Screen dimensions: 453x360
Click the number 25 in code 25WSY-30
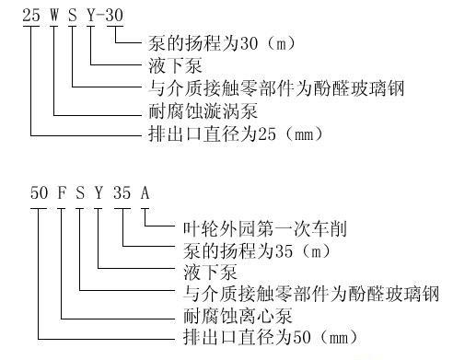[31, 15]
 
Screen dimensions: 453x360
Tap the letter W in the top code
[54, 15]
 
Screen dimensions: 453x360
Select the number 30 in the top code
[114, 15]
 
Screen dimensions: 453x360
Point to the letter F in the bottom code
[62, 193]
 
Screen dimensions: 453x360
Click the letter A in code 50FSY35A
[145, 193]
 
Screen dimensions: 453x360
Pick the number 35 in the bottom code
[122, 193]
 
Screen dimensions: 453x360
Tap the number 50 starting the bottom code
[39, 193]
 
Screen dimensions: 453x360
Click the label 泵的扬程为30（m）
[221, 43]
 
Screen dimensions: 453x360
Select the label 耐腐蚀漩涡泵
[203, 111]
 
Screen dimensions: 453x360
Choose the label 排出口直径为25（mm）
[236, 134]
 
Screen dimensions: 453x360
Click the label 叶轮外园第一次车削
[265, 229]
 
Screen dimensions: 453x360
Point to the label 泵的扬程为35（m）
[257, 251]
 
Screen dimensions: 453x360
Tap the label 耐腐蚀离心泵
[238, 316]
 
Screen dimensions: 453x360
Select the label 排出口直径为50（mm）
[271, 337]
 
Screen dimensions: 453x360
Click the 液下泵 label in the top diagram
[175, 65]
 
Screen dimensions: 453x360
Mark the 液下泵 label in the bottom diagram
[211, 273]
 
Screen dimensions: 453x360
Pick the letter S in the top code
[73, 15]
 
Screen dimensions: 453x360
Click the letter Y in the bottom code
[99, 193]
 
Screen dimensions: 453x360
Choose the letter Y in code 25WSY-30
[91, 15]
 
